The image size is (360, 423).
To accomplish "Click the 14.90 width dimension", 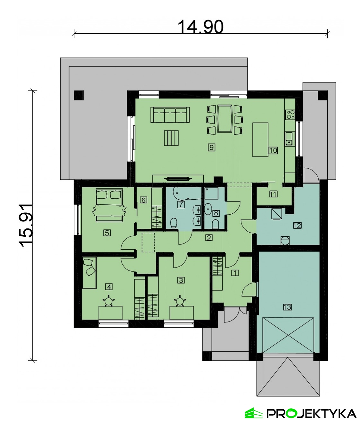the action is point(200,27).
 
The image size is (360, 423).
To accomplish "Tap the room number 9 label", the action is point(211,147).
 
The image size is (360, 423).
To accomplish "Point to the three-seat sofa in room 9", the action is point(170,115).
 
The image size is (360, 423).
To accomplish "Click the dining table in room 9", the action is point(225,119).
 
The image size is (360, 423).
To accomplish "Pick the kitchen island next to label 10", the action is point(260,140).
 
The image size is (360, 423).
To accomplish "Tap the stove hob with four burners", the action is point(290,115).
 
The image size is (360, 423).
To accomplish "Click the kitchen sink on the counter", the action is point(290,139).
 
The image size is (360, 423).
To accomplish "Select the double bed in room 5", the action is point(110,205).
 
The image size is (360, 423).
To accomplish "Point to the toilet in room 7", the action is point(174,223).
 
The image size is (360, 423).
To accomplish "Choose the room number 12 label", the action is point(297,226).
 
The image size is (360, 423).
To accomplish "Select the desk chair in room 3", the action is point(180,301).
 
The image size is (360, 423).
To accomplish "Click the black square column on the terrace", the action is point(79,95).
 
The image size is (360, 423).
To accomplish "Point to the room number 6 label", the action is point(143,200).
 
